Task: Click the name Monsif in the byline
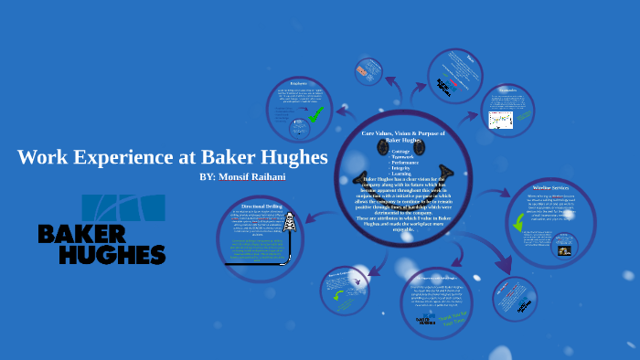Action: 244,175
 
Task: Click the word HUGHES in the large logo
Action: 101,254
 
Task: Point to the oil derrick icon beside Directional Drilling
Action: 291,223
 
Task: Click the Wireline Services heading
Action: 551,188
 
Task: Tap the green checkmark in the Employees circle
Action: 315,114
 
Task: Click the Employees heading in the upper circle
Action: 298,84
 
